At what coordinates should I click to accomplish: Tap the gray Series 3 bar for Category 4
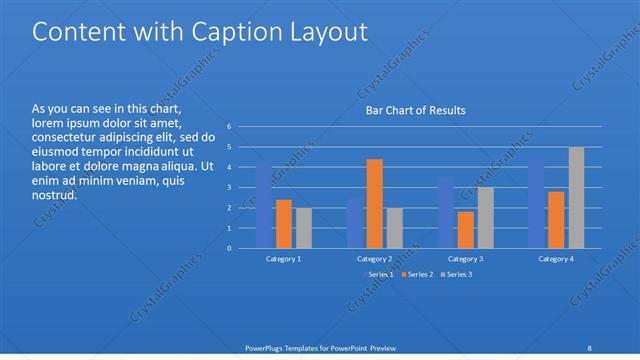tap(576, 198)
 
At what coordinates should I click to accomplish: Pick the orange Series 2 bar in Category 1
tap(284, 224)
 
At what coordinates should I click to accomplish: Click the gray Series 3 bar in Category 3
tap(484, 218)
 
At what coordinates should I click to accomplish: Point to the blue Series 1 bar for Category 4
tap(537, 202)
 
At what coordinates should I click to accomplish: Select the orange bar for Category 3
tap(465, 230)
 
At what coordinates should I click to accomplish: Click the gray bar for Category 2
tap(394, 228)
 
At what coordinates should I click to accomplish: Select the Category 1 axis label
tap(284, 258)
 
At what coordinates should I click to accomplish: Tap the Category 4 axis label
tap(556, 258)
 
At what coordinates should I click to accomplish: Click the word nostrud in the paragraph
tap(54, 196)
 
